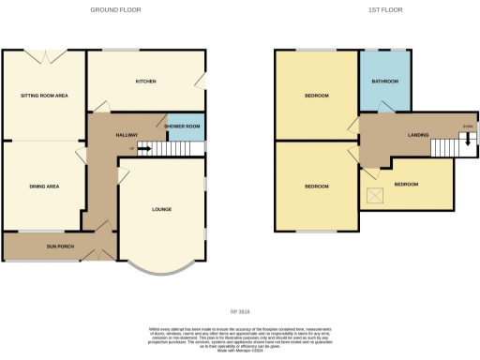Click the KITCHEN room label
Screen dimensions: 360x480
click(x=145, y=82)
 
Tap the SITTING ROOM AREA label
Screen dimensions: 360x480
click(x=44, y=96)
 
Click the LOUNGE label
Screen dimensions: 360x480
click(x=161, y=209)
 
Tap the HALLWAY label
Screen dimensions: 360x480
click(x=127, y=136)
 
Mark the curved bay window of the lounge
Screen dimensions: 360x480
click(x=160, y=269)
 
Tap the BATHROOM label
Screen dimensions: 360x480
click(x=384, y=82)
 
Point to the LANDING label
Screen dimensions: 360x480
click(x=417, y=136)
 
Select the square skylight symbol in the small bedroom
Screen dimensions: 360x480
click(x=375, y=194)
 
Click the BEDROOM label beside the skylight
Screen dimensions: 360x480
click(x=407, y=185)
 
